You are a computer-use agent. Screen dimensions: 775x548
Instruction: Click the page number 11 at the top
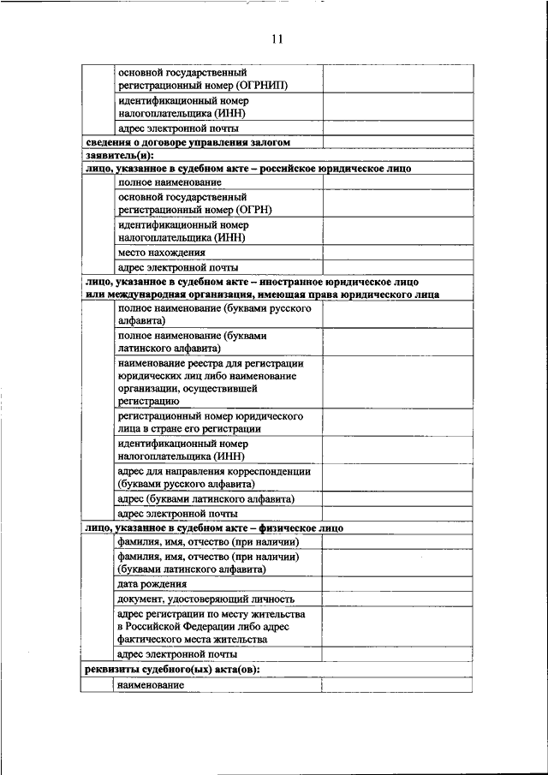pos(277,39)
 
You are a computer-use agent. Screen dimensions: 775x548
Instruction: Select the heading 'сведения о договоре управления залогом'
pos(188,142)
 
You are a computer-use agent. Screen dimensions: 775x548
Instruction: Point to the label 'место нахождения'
pos(162,252)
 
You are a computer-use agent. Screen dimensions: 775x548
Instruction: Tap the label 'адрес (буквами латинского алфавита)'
pos(205,498)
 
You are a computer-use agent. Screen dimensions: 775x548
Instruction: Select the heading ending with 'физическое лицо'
pos(214,528)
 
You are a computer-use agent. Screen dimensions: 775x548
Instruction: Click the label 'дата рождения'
pos(152,583)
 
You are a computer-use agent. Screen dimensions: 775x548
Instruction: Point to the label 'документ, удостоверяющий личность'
pos(205,599)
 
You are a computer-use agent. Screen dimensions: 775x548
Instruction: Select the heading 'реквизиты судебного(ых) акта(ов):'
pos(172,669)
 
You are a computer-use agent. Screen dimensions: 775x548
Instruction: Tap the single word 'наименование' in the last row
pos(151,685)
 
